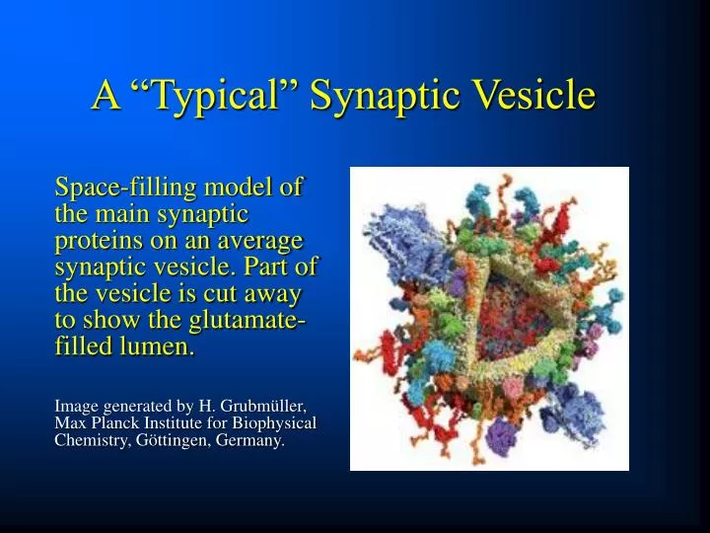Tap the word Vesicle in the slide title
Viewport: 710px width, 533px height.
(x=536, y=96)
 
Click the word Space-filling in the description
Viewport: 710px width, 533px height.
(x=115, y=188)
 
